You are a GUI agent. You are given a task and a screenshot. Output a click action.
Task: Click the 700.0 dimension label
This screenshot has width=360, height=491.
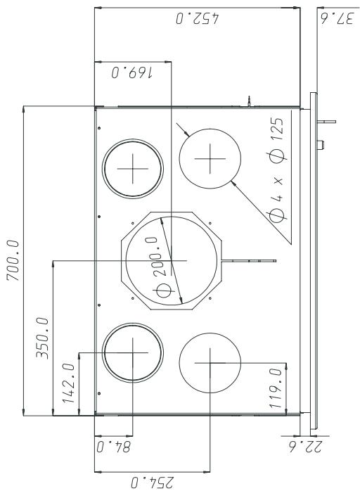[x=13, y=260]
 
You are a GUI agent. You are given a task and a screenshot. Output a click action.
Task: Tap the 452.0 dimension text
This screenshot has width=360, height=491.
[x=197, y=18]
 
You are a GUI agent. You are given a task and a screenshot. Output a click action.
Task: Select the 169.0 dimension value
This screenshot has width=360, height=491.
[x=131, y=73]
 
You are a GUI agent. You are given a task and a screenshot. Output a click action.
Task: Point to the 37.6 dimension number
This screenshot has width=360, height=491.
[x=337, y=18]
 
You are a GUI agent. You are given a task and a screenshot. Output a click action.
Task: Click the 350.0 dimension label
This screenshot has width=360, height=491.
[x=42, y=338]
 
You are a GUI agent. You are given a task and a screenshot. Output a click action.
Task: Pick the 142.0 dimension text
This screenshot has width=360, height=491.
[x=69, y=383]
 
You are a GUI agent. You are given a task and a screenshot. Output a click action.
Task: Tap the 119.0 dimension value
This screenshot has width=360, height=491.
[x=276, y=388]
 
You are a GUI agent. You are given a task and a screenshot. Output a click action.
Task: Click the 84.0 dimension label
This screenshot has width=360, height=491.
[x=113, y=447]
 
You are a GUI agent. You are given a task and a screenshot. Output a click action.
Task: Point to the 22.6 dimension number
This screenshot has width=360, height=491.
[x=305, y=447]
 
